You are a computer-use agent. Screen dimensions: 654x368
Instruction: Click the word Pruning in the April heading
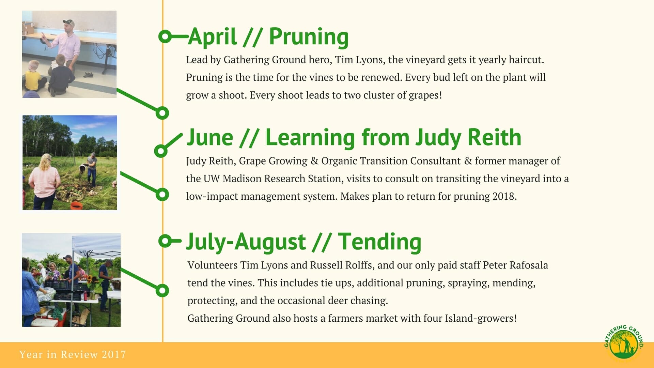coord(309,36)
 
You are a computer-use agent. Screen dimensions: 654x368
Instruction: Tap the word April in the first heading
coord(212,36)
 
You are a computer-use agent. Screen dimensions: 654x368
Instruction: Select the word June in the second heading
coord(210,137)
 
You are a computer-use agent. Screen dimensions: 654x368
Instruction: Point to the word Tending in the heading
coord(379,242)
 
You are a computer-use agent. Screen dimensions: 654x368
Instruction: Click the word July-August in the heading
coord(246,242)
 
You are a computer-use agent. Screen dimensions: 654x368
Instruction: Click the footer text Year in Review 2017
coord(73,354)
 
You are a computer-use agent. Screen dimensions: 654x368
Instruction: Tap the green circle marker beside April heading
coord(165,36)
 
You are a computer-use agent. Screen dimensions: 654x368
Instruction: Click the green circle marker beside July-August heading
coord(165,241)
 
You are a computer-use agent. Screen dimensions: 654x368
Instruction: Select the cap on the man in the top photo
coord(68,22)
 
